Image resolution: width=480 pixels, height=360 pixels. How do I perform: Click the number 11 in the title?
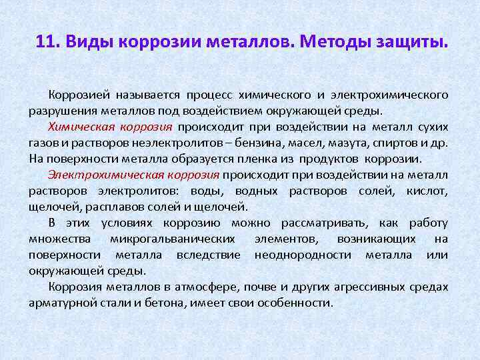46,42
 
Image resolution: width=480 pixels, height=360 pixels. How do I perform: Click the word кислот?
431,191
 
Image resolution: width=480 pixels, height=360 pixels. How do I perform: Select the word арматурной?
59,303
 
